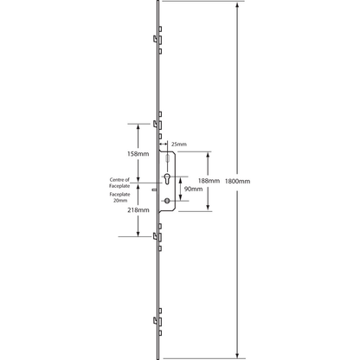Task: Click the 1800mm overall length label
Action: [x=237, y=181]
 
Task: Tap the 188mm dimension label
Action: [x=209, y=181]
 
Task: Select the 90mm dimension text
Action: [x=193, y=189]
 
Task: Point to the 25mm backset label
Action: [x=179, y=144]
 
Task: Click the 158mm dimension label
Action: [x=138, y=154]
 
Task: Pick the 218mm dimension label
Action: [x=138, y=210]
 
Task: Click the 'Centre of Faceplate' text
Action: [x=119, y=183]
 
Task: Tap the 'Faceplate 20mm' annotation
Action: [x=119, y=197]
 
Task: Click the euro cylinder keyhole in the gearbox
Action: [x=167, y=178]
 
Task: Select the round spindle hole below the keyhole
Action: [x=167, y=201]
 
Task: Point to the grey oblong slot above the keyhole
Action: [x=167, y=158]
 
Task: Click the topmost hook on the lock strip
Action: [x=155, y=39]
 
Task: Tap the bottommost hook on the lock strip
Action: [x=155, y=320]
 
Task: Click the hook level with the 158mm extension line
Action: [x=155, y=125]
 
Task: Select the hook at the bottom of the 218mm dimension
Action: [x=155, y=236]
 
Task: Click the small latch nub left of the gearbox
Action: [x=154, y=190]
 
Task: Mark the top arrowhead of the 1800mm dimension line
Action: [x=237, y=5]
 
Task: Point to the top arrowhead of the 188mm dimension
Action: [x=208, y=155]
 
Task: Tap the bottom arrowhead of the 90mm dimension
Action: [x=181, y=198]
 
